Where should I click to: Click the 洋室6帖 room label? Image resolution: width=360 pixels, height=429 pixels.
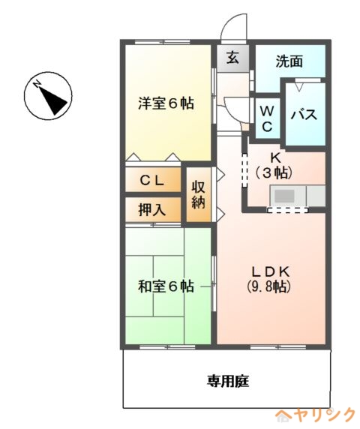(166, 103)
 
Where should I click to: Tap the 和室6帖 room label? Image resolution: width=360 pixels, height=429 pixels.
(166, 286)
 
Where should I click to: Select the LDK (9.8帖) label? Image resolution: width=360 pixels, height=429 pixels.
(270, 279)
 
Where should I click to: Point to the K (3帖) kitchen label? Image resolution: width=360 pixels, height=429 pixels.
(274, 166)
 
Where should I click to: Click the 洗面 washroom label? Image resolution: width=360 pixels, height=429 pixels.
(289, 61)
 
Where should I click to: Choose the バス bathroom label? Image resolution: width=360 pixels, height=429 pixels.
(304, 114)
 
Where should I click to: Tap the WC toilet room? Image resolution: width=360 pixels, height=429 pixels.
(267, 119)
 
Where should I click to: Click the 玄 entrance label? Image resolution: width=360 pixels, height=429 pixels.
(232, 58)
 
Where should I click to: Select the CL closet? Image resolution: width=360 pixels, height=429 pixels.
(153, 180)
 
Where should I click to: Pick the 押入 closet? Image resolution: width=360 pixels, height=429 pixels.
(153, 209)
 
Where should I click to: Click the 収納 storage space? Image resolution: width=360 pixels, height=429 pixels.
(199, 194)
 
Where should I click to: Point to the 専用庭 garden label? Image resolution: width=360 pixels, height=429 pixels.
(228, 381)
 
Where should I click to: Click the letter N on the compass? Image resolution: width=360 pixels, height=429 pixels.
(37, 84)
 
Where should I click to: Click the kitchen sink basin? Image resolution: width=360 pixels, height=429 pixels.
(284, 196)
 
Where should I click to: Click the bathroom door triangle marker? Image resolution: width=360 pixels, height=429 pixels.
(299, 88)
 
